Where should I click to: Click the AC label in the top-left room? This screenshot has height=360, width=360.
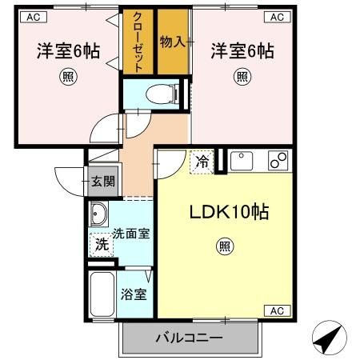click(x=26, y=15)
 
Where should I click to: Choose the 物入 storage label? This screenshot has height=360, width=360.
click(x=173, y=41)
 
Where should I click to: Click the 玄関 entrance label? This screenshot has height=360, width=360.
click(x=102, y=180)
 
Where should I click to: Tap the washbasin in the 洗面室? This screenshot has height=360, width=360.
click(x=99, y=215)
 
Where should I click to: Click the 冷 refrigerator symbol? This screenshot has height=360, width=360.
click(x=202, y=162)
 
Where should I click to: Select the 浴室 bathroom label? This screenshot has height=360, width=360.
click(x=134, y=294)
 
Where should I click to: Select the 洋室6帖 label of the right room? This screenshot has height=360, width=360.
click(x=242, y=51)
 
